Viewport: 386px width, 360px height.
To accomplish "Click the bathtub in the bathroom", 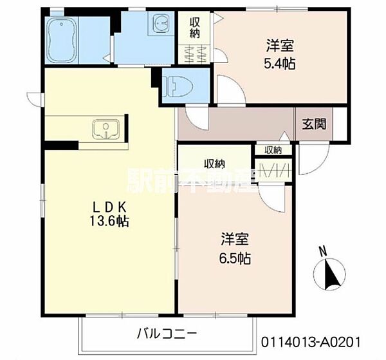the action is [62, 41].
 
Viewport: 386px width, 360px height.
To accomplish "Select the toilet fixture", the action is [178, 86].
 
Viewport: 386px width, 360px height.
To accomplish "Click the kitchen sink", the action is [106, 129].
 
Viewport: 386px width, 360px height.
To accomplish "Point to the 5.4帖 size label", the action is [280, 64].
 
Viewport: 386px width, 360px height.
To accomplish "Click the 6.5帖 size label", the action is [235, 259].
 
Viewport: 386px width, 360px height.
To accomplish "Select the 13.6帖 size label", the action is [109, 221].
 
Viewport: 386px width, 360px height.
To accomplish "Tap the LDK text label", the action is [109, 208].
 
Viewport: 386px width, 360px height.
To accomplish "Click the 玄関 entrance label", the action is [314, 124].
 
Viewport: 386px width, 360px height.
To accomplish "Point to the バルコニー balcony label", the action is [167, 334].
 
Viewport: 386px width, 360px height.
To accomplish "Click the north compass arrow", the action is [330, 275].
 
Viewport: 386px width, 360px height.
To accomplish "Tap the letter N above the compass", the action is [323, 251].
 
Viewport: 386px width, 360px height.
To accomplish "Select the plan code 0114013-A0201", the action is [311, 342].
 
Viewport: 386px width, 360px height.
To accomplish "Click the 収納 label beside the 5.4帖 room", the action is [194, 28].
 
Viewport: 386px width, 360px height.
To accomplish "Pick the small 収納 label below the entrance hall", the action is [273, 150].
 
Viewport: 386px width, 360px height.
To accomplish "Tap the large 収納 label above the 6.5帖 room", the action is [214, 164].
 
